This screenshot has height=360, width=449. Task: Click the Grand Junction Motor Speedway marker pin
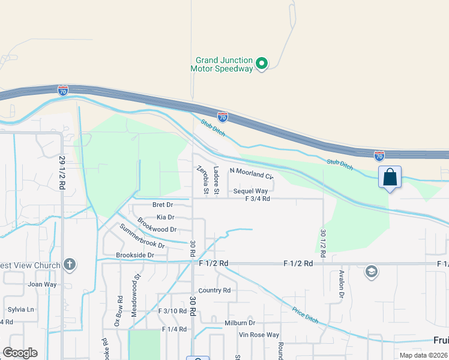(261, 63)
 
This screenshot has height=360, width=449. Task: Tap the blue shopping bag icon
(390, 178)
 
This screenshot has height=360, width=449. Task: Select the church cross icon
(70, 265)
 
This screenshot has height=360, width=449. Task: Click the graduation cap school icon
(371, 272)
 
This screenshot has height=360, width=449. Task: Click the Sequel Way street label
(250, 191)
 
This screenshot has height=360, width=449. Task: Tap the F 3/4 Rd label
(258, 199)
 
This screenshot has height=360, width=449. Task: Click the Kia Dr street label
(165, 217)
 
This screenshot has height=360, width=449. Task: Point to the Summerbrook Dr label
(142, 236)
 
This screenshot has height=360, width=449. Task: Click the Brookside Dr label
(135, 255)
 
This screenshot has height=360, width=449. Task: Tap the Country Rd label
(214, 290)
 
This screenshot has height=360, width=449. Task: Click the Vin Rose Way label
(259, 335)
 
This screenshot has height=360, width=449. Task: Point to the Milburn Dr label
(240, 323)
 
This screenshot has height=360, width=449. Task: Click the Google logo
(20, 353)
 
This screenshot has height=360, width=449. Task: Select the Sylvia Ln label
(21, 309)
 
